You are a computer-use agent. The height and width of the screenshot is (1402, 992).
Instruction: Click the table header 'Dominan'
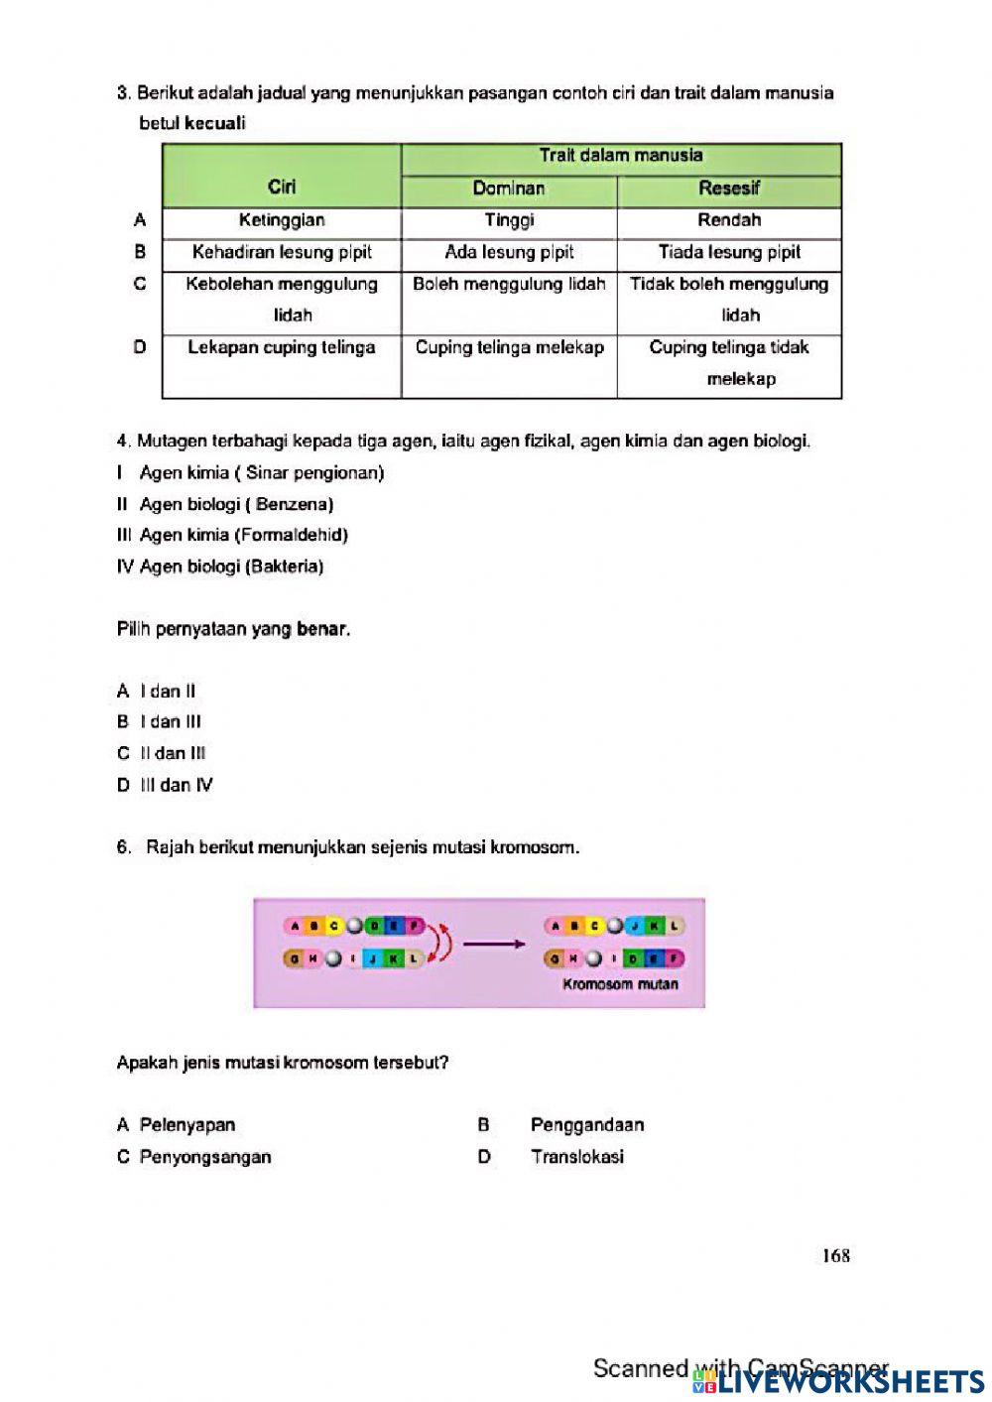509,189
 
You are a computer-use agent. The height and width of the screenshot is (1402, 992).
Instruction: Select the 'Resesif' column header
729,189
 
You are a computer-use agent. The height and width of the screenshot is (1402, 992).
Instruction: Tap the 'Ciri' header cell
282,187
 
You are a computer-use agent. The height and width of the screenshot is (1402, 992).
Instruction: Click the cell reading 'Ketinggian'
282,220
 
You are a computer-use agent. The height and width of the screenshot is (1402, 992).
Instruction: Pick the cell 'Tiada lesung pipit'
729,252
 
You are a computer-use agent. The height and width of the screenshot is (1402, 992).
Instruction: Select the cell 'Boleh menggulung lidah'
509,284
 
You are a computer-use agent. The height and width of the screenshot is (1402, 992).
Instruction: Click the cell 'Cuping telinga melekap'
509,347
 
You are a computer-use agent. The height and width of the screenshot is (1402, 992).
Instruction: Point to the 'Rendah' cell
729,220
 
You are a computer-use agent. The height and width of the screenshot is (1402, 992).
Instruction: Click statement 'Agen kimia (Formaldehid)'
243,535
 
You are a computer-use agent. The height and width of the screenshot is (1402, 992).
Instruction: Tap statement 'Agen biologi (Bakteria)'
231,567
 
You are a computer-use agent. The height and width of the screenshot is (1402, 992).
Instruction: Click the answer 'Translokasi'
576,1156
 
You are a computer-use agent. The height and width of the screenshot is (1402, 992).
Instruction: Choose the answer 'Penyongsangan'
204,1156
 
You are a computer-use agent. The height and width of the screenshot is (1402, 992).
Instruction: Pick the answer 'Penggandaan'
586,1124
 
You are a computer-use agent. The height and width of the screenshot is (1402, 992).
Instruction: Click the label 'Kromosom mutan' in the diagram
620,984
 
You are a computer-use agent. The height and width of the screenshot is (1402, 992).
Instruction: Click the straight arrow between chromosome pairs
493,944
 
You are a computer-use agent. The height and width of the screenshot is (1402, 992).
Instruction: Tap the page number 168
835,1255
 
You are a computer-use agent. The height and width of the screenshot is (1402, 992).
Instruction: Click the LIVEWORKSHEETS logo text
851,1381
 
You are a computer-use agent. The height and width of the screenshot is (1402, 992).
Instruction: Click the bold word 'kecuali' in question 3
215,124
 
